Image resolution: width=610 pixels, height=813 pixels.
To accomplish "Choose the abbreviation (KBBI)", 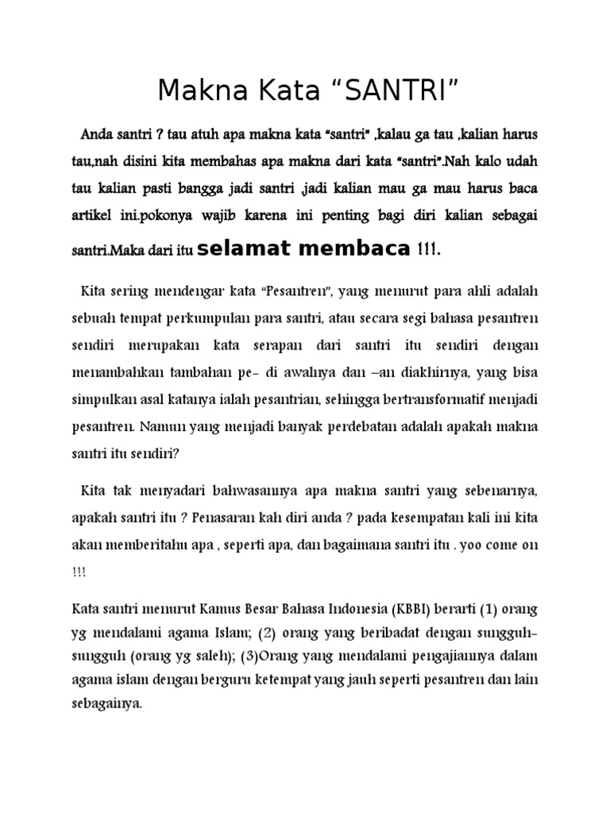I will [410, 609].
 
